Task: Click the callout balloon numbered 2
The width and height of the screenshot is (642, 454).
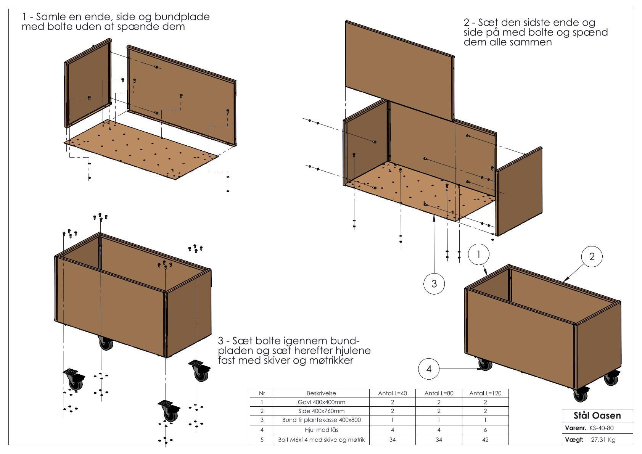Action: (x=592, y=257)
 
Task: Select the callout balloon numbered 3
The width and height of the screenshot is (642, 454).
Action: (x=434, y=283)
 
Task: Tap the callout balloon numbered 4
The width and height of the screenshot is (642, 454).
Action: (x=429, y=369)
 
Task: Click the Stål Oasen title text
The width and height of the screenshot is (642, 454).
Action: (x=597, y=415)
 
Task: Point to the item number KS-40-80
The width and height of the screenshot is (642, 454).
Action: (x=601, y=428)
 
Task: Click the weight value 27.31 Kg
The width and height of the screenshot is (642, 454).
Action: (x=603, y=440)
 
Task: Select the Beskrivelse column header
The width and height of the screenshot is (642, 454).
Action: (x=321, y=393)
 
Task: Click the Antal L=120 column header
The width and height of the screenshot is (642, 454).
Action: (x=485, y=393)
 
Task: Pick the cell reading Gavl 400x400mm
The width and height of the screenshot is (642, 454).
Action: (x=321, y=402)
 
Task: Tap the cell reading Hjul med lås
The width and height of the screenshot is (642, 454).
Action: (x=321, y=430)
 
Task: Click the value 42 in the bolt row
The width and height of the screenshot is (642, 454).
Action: (x=485, y=440)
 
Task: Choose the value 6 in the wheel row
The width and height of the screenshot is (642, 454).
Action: (x=485, y=430)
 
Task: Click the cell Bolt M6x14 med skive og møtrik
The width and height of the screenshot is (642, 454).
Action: (x=321, y=440)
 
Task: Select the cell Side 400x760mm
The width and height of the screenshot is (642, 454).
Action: (x=321, y=411)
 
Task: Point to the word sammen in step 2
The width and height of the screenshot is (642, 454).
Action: (x=533, y=42)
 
